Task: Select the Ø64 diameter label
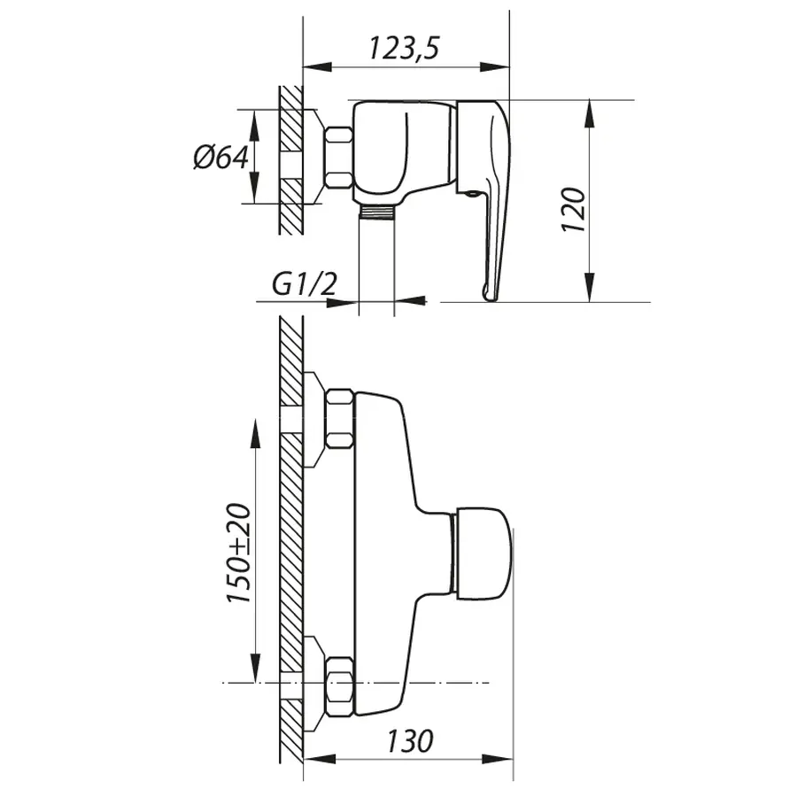click(x=219, y=158)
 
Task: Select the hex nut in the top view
click(x=338, y=158)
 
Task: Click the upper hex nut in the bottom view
click(x=340, y=418)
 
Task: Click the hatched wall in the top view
click(x=290, y=159)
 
